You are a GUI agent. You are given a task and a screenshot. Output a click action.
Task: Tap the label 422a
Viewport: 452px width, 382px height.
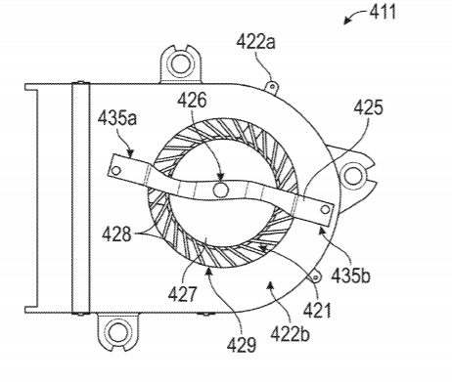point(256,42)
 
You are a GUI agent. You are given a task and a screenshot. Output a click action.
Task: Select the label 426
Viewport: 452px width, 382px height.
point(192,101)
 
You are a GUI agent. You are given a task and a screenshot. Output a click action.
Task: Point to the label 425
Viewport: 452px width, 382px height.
point(369,107)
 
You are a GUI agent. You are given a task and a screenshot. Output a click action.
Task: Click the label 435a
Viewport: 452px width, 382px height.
point(117,118)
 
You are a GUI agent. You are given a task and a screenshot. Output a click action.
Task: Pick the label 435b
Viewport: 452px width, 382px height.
point(350,276)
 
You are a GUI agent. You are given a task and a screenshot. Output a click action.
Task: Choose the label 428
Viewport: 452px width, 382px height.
point(116,234)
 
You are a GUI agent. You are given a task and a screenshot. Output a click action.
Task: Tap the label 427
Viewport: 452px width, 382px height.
point(183,293)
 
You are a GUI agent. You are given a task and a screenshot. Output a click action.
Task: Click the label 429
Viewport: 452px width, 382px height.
point(242,344)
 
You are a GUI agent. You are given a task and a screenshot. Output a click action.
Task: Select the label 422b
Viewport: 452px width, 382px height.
point(290,334)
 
